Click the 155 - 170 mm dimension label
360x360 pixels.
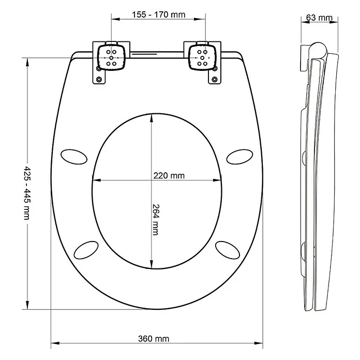(158, 14)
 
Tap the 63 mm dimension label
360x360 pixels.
(319, 18)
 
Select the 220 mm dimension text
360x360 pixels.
(169, 176)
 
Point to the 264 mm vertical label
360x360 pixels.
(156, 220)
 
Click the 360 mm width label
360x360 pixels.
(154, 338)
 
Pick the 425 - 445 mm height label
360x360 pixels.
(27, 193)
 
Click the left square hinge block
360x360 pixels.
(111, 57)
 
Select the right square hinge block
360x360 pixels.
(202, 57)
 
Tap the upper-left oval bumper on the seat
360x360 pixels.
(74, 157)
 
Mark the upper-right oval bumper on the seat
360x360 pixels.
(239, 157)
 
